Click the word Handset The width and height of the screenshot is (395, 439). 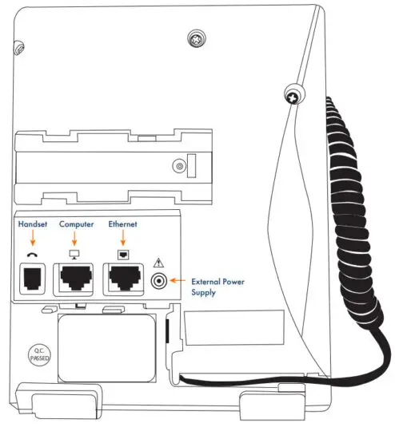(33, 225)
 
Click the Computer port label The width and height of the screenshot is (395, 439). (76, 225)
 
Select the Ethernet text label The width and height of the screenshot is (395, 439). (122, 225)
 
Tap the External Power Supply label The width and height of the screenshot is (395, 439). (217, 287)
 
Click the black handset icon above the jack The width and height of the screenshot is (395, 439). (33, 255)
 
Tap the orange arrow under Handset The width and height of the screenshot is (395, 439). (33, 239)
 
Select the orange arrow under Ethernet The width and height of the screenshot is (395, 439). (122, 239)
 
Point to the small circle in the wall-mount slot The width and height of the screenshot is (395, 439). (181, 166)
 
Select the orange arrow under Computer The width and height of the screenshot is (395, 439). (76, 239)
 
